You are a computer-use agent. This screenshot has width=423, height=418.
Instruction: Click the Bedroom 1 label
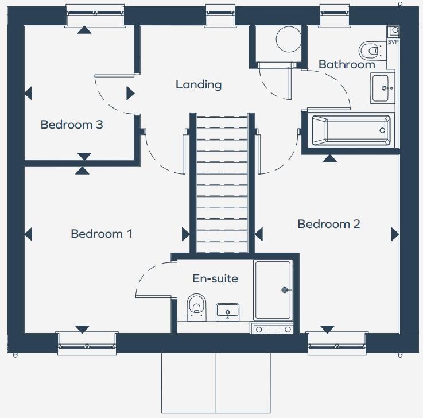tap(102, 234)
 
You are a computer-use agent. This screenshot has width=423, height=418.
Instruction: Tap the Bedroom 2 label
tap(328, 224)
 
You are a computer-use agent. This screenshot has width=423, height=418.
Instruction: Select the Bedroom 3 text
tap(72, 124)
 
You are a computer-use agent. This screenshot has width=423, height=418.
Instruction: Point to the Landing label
tap(199, 85)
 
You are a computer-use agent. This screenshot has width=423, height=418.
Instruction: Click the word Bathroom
tap(347, 64)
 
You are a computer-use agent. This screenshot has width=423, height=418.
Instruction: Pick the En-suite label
tap(215, 279)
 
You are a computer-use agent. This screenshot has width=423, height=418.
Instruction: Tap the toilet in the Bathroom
tap(372, 49)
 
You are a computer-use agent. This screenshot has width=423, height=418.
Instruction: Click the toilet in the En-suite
tap(196, 305)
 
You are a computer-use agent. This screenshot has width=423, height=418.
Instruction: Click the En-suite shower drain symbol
tap(284, 291)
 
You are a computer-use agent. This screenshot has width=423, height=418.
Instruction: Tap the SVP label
tap(393, 42)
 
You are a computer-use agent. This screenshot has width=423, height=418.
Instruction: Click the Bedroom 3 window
tap(95, 15)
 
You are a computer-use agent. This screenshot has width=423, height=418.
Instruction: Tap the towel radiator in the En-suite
tap(273, 329)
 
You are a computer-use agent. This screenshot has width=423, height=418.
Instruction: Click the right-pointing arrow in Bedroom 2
tap(395, 234)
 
